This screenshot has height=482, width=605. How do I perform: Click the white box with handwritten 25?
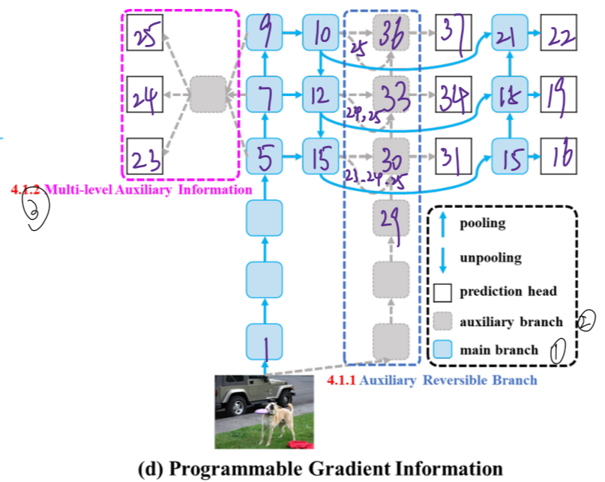pyautogui.click(x=145, y=34)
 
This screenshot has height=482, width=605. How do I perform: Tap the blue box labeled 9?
pyautogui.click(x=265, y=34)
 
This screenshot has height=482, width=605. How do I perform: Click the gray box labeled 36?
pyautogui.click(x=391, y=34)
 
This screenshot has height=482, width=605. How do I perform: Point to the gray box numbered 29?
pyautogui.click(x=391, y=218)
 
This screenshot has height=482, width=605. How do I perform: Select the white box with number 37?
pyautogui.click(x=452, y=34)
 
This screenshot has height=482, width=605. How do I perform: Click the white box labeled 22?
pyautogui.click(x=560, y=34)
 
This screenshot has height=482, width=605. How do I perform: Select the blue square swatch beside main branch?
pyautogui.click(x=443, y=349)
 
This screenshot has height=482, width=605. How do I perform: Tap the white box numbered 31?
pyautogui.click(x=452, y=157)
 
